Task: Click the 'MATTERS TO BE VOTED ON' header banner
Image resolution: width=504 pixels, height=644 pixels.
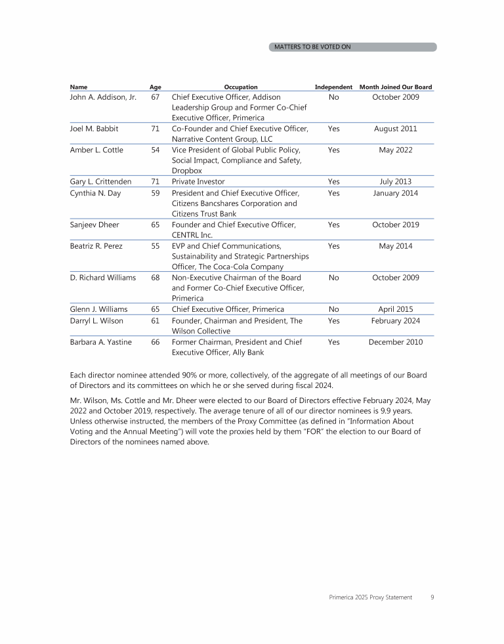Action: click(x=353, y=47)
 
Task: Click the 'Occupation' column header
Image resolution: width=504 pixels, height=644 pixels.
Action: click(x=241, y=87)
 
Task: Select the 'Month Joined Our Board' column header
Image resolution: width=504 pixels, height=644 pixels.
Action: click(x=396, y=87)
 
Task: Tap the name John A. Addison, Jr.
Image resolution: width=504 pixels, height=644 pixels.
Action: click(x=103, y=97)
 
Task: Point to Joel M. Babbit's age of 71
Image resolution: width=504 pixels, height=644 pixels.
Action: click(x=156, y=129)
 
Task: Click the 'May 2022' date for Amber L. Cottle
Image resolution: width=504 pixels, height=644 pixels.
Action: click(x=396, y=150)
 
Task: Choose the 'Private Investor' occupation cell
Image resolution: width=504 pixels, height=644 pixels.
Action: click(x=198, y=182)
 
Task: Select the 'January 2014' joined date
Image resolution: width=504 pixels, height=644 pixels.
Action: click(x=396, y=193)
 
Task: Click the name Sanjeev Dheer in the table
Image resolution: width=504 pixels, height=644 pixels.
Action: click(x=94, y=225)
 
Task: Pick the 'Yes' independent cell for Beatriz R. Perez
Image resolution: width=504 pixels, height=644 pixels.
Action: click(x=333, y=246)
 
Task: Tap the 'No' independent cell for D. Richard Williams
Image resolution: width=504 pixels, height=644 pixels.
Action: click(x=333, y=278)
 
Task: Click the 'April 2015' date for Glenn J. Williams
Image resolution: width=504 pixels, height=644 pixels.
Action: click(x=396, y=309)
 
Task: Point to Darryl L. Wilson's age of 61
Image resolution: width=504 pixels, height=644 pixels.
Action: click(x=156, y=321)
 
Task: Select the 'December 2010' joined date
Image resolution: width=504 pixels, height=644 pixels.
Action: click(x=396, y=342)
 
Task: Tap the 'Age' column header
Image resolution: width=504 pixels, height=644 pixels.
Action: click(x=156, y=87)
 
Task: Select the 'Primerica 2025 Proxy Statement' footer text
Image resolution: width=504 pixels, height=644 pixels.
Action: click(x=371, y=597)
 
